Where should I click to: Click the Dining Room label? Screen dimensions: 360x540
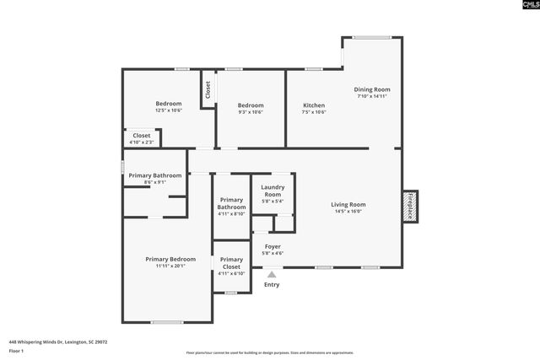pyautogui.click(x=371, y=89)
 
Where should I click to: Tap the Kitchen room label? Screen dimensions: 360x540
pyautogui.click(x=314, y=105)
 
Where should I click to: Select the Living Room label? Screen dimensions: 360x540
pyautogui.click(x=348, y=204)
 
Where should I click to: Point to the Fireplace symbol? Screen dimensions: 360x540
pyautogui.click(x=410, y=206)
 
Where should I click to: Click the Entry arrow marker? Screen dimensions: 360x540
pyautogui.click(x=272, y=273)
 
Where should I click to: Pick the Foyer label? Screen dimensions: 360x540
pyautogui.click(x=273, y=247)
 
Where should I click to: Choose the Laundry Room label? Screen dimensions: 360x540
pyautogui.click(x=273, y=191)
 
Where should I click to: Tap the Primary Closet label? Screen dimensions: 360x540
pyautogui.click(x=231, y=263)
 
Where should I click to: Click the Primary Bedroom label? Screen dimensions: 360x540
pyautogui.click(x=170, y=259)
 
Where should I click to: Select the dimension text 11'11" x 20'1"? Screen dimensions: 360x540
pyautogui.click(x=170, y=266)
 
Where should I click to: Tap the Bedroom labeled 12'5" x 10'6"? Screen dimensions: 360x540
pyautogui.click(x=168, y=104)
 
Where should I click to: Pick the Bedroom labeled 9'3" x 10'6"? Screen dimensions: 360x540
pyautogui.click(x=251, y=105)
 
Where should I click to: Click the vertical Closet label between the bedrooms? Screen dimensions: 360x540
pyautogui.click(x=208, y=89)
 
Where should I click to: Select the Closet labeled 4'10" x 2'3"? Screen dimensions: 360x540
pyautogui.click(x=142, y=135)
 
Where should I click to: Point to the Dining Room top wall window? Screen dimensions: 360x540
pyautogui.click(x=371, y=37)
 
